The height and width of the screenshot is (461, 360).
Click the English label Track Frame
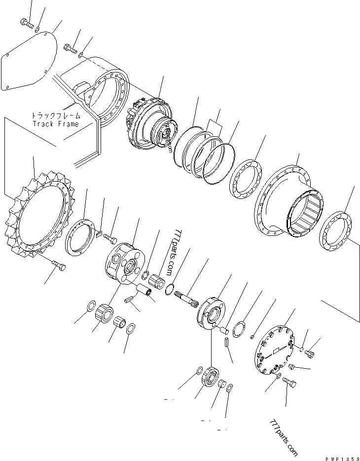pos(55,123)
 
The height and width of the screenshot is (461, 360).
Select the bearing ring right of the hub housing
pos(335,232)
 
